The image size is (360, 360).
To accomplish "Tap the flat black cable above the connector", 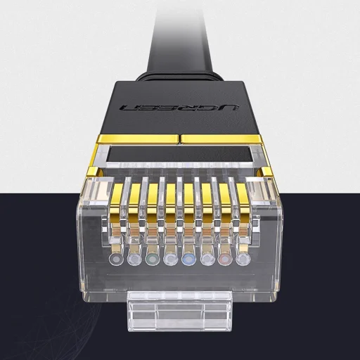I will (179, 35).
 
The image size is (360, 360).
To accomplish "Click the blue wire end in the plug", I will (189, 260).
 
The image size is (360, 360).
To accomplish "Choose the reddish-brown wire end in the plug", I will (226, 260).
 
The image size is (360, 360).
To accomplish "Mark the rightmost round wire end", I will (244, 260).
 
